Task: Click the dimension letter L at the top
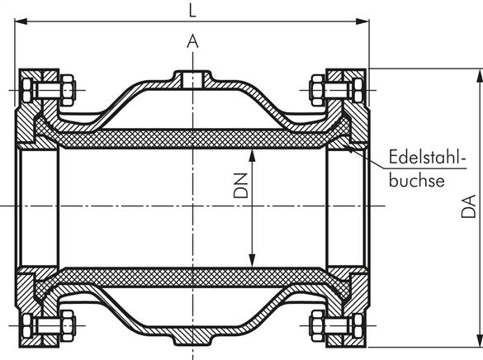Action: [x=193, y=12]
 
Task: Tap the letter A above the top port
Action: [x=192, y=40]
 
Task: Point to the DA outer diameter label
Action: [x=468, y=205]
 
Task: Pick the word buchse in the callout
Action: [x=417, y=179]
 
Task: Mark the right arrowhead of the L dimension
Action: [x=365, y=25]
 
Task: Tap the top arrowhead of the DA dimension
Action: [x=476, y=74]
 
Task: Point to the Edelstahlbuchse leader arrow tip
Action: [x=350, y=148]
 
